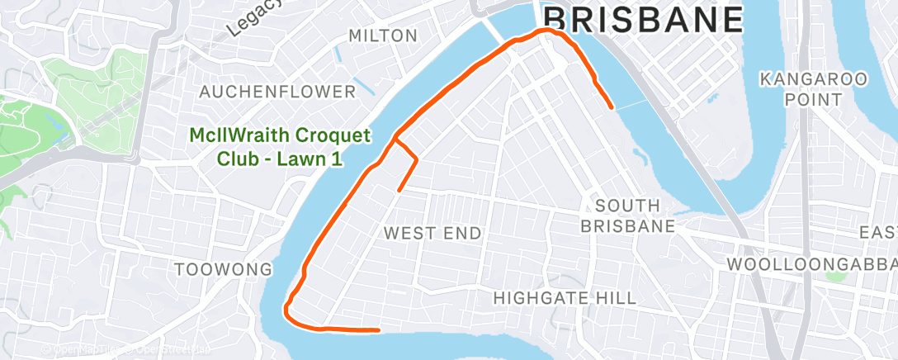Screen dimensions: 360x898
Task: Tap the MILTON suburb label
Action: coord(383,36)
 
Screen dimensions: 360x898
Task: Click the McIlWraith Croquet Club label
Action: coord(281,147)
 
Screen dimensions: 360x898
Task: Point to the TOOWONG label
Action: coord(224,269)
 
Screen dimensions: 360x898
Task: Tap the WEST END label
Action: coord(432,234)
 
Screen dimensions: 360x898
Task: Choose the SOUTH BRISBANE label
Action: coord(626,215)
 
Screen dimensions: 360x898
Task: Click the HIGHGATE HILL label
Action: coord(564,298)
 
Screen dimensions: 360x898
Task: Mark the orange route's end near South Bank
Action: coord(611,107)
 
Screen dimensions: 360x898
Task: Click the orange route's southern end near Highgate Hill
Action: coord(378,330)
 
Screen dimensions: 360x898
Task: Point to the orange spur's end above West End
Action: coord(399,191)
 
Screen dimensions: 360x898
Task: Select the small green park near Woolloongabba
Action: coord(835,275)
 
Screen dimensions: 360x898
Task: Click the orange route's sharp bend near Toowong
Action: coord(286,311)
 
